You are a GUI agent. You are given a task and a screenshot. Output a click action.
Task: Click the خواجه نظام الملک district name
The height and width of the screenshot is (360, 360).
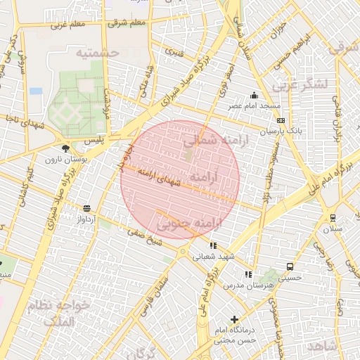(60, 314)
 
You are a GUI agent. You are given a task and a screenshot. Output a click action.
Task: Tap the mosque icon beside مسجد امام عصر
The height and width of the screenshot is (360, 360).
(254, 96)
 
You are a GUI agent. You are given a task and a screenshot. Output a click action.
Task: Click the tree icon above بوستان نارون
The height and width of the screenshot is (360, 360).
(65, 148)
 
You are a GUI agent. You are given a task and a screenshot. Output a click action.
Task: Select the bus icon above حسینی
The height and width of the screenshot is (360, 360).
(290, 267)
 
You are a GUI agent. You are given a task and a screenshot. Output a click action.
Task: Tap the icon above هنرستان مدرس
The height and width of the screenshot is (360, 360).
(247, 274)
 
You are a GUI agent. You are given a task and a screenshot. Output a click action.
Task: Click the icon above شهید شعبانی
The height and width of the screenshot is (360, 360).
(213, 245)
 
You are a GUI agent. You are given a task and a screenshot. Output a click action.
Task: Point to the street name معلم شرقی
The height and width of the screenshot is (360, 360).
(127, 22)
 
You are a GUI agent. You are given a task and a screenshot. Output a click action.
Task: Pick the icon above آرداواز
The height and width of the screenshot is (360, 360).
(86, 208)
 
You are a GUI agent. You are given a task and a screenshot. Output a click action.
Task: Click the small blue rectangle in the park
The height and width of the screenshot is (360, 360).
(36, 91)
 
